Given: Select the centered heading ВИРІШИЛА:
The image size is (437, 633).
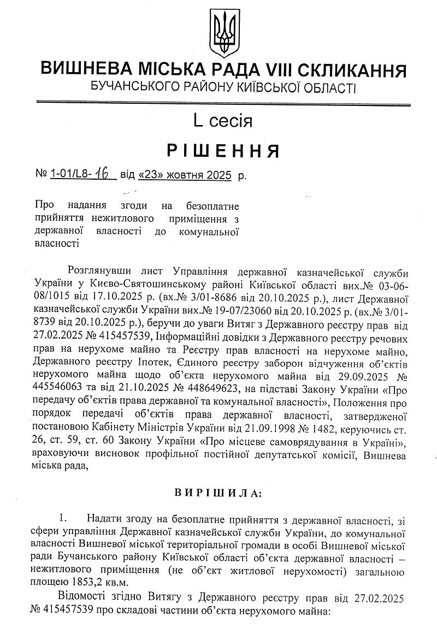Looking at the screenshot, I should [x=218, y=493].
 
